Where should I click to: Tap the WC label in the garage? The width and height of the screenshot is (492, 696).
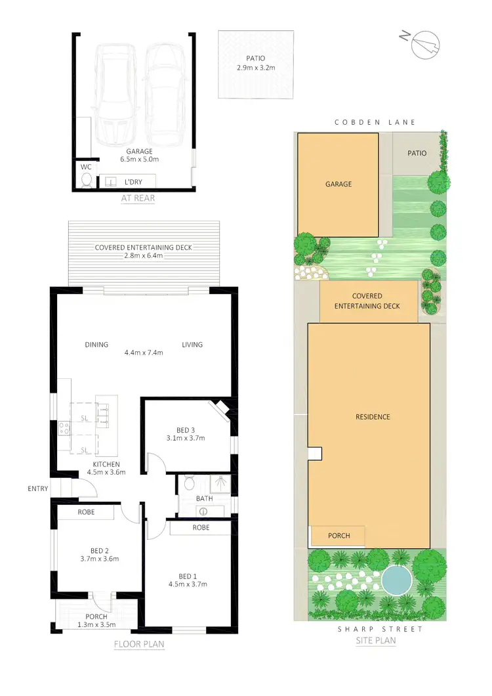tap(85, 167)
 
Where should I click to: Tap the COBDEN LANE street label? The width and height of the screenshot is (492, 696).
tap(375, 122)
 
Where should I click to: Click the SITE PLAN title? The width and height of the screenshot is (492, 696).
tap(375, 640)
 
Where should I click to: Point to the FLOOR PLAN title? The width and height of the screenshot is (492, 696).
tap(139, 644)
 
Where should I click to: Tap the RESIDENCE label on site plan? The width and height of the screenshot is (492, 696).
tap(373, 417)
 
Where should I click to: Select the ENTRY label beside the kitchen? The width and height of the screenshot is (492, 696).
tap(38, 488)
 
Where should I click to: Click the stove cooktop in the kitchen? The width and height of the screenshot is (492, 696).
tap(65, 428)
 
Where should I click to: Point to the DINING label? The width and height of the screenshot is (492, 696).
tap(96, 345)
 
